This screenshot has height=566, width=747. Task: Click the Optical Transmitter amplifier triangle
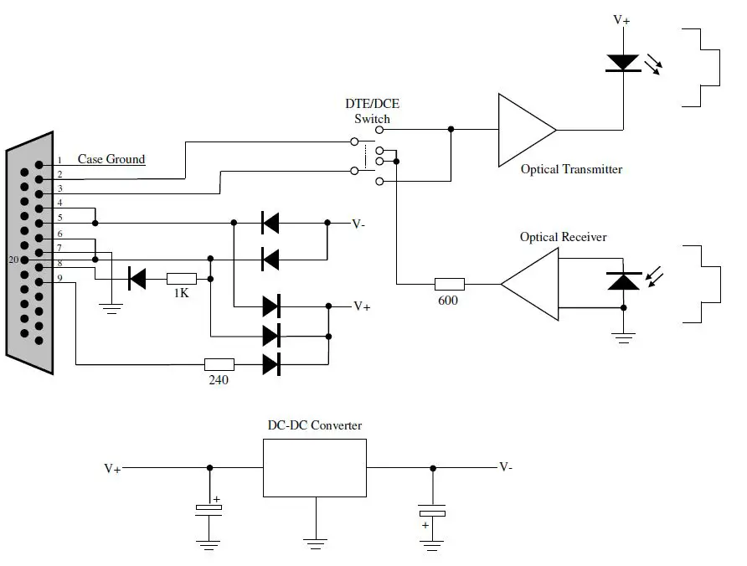[523, 130]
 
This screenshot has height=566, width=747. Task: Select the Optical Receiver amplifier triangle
[533, 285]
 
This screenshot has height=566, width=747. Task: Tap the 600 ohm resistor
[448, 284]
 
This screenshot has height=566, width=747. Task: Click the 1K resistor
[181, 279]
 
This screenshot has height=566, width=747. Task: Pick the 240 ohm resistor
[219, 364]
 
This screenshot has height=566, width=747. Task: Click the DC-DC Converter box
[315, 467]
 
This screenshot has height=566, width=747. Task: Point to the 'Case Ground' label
[111, 159]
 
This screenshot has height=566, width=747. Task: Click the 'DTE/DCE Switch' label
[371, 111]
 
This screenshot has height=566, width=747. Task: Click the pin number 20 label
[13, 260]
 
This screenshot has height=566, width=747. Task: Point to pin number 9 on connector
[59, 279]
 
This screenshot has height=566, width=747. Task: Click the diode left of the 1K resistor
[137, 279]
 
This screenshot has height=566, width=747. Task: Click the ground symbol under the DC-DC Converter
[315, 543]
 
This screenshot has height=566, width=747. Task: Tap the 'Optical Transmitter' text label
[571, 169]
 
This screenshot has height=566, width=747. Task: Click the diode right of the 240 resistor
[270, 364]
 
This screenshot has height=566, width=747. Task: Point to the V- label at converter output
[507, 466]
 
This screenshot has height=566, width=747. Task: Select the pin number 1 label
[59, 160]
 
